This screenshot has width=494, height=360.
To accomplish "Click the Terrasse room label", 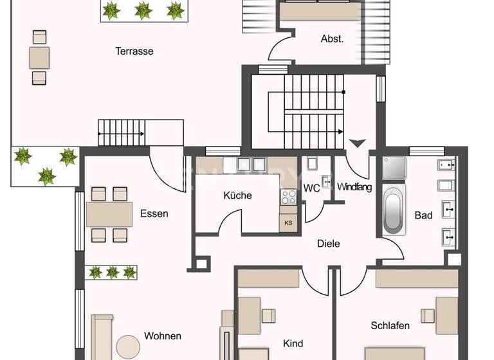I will [x=134, y=51].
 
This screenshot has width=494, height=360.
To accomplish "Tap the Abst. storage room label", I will [x=332, y=39].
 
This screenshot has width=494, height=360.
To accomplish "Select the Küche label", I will [x=237, y=195].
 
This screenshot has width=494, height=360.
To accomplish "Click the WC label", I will [x=311, y=189].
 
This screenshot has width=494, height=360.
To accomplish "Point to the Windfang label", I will [x=354, y=187].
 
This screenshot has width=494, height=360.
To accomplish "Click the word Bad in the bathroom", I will [x=423, y=215].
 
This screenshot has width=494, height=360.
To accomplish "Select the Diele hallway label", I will [x=328, y=244].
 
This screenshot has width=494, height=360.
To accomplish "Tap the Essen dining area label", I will [x=154, y=213].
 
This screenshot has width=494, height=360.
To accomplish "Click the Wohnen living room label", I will [x=162, y=336].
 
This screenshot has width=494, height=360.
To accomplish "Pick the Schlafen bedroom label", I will [x=390, y=326].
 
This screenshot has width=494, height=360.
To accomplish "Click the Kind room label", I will [x=293, y=344].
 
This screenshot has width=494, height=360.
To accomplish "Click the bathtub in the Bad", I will [x=392, y=210].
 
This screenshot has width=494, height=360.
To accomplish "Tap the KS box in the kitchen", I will [x=288, y=223].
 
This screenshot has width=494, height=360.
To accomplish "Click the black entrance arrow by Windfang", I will [x=357, y=143].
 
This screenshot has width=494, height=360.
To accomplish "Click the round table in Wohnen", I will [x=127, y=346].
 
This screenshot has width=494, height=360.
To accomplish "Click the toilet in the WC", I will [x=313, y=165].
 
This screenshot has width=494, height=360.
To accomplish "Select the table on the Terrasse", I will [x=39, y=57].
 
